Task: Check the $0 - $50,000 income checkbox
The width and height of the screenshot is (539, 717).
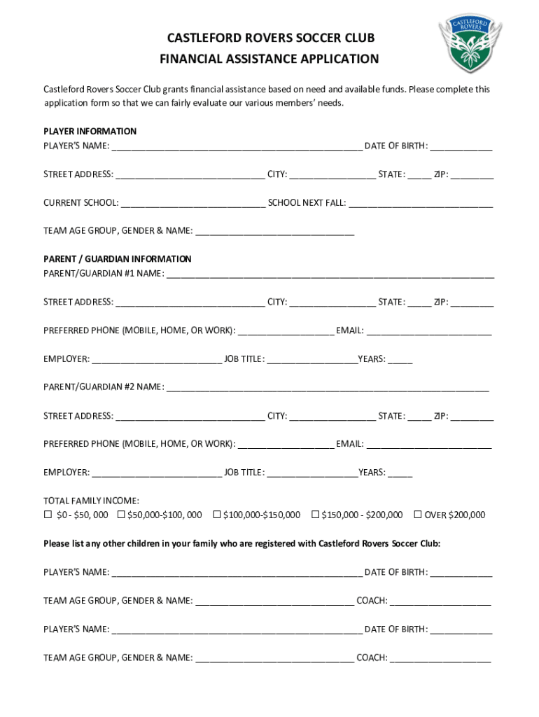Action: click(48, 515)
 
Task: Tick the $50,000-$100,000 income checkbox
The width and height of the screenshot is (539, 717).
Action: click(121, 515)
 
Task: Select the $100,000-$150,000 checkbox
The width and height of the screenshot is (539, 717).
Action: click(216, 515)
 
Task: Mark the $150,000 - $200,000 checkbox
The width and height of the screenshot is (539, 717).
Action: click(315, 515)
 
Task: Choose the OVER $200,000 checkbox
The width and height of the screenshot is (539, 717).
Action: click(418, 515)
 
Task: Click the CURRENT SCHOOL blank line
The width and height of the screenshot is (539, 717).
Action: click(192, 204)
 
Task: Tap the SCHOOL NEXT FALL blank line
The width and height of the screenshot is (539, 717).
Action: click(420, 204)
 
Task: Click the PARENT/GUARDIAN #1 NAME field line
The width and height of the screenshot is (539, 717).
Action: click(330, 274)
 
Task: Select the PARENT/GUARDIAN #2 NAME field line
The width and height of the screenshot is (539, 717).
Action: click(328, 388)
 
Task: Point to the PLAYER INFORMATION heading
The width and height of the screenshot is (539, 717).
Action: click(90, 132)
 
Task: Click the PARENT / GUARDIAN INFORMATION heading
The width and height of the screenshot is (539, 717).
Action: click(117, 259)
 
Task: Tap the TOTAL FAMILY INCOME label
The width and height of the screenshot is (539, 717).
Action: click(91, 501)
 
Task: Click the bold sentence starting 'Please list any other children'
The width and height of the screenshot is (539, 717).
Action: click(242, 543)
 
